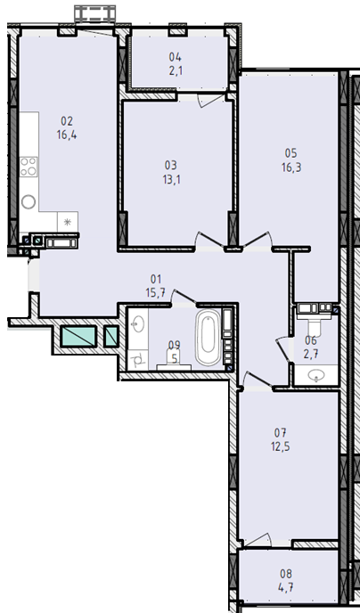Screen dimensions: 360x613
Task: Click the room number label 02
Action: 67,121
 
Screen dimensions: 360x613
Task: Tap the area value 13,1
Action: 171,179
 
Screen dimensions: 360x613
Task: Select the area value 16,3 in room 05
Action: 291,168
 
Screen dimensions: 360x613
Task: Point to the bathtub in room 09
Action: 209,337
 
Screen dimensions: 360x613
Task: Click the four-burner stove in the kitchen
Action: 29,167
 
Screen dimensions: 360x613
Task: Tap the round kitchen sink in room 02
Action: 29,201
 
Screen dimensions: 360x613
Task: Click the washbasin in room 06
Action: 316,376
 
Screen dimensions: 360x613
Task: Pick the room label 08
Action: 286,574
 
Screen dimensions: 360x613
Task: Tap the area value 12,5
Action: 281,446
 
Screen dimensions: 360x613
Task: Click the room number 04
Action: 176,57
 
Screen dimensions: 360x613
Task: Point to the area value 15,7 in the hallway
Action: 156,292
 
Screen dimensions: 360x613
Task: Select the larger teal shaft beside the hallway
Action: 78,337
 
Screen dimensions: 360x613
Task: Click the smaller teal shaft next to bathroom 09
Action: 111,337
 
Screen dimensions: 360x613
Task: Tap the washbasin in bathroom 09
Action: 138,323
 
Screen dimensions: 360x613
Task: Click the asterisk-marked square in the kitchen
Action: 67,222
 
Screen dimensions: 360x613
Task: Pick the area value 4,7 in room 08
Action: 286,587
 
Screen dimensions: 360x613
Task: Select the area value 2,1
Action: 176,70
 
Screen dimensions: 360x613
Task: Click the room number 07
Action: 281,433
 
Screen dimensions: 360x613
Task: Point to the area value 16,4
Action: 67,135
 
